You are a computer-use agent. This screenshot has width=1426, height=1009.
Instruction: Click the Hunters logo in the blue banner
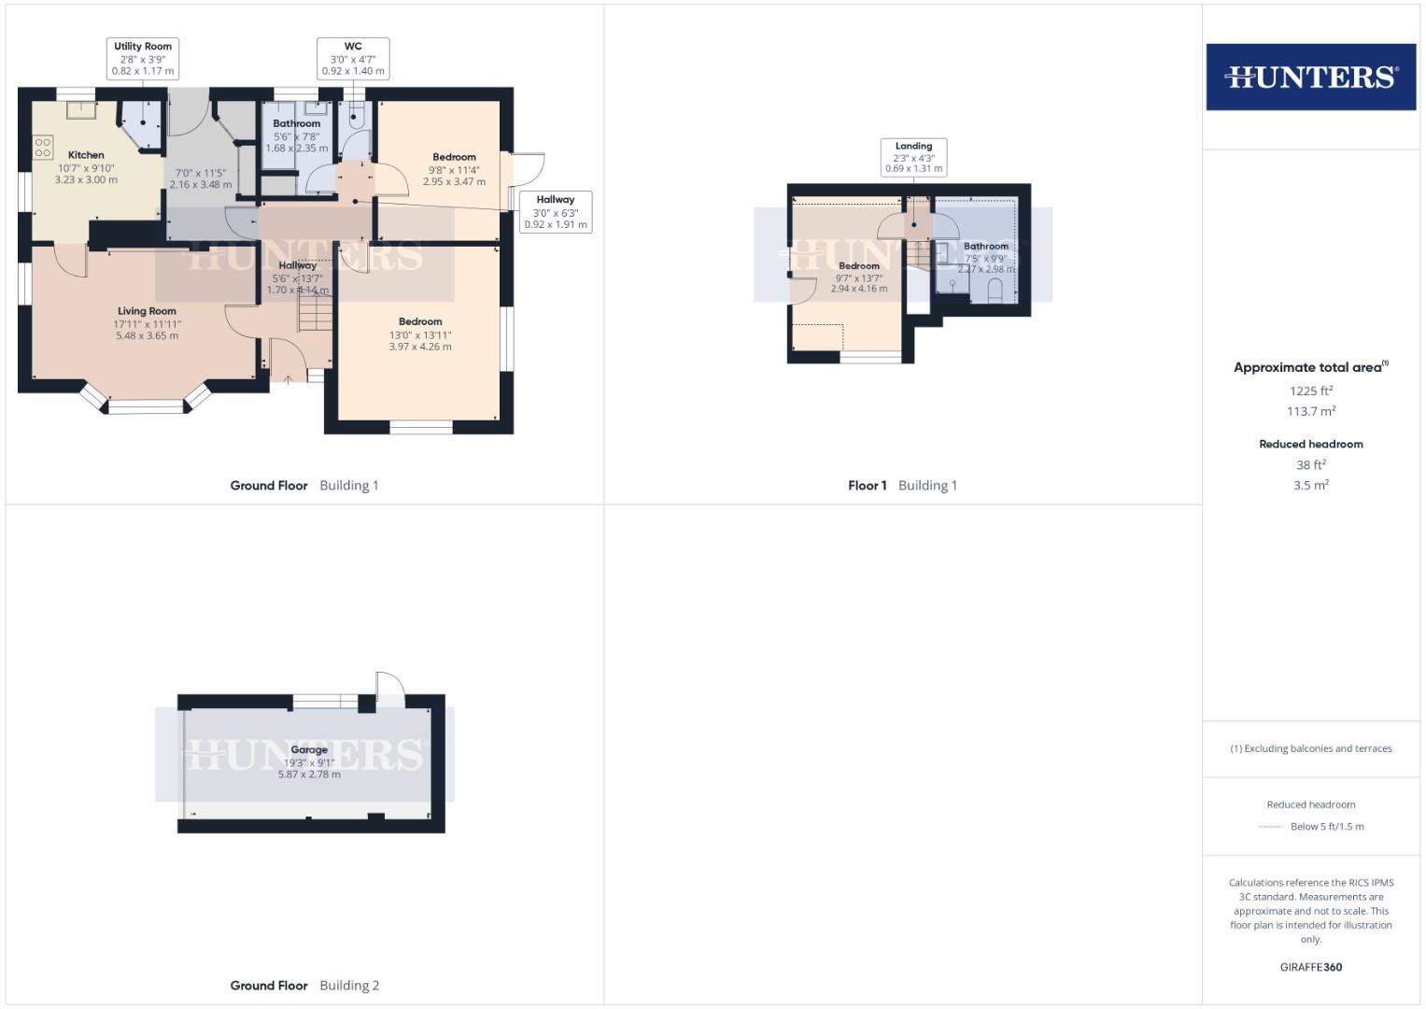[x=1310, y=77]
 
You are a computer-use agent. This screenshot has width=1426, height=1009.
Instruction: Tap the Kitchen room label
[x=86, y=155]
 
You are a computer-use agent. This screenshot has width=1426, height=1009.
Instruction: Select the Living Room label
[x=147, y=311]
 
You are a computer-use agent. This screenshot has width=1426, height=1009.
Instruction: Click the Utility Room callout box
[x=143, y=58]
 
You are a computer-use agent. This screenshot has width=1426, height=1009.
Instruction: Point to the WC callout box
[x=353, y=58]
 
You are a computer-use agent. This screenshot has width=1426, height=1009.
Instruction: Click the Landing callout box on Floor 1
[x=913, y=157]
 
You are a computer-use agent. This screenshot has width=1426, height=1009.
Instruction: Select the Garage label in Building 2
[x=309, y=749]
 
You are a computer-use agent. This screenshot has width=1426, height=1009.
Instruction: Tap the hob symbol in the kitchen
[x=43, y=148]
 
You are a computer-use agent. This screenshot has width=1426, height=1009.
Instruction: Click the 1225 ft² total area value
[x=1310, y=391]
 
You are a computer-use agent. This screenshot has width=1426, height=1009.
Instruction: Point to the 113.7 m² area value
[x=1310, y=411]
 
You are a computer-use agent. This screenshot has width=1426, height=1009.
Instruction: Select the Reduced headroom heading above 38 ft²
[x=1310, y=444]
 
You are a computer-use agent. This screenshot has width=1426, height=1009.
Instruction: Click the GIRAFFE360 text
[x=1310, y=967]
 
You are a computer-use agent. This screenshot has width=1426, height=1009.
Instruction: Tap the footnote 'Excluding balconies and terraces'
[x=1310, y=748]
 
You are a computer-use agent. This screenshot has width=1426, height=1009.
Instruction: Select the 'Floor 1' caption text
[x=868, y=485]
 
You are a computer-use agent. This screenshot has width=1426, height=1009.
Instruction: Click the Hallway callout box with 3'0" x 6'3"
[x=556, y=212]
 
